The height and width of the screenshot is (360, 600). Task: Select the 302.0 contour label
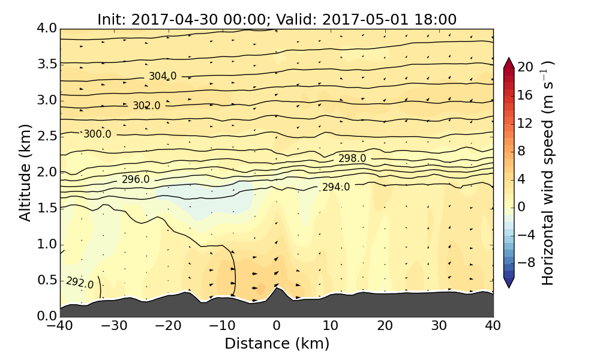coord(146,106)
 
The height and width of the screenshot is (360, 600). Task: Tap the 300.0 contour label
coord(97,134)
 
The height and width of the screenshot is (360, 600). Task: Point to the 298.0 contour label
coord(352,158)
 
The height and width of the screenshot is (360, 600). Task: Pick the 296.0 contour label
coord(136,179)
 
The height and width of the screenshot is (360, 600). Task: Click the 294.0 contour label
coord(336,187)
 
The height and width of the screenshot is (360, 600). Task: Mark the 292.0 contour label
coord(80,282)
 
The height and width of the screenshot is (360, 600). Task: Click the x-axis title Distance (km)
coord(277,344)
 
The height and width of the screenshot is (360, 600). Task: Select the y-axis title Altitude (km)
coord(25,172)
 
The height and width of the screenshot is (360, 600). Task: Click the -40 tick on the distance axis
coord(61,326)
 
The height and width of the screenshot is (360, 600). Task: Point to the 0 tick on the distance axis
coord(277,326)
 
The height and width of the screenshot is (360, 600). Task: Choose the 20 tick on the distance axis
coord(385,326)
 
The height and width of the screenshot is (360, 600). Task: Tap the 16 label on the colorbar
coord(525,95)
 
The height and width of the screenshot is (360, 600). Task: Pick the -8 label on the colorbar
coord(525,262)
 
